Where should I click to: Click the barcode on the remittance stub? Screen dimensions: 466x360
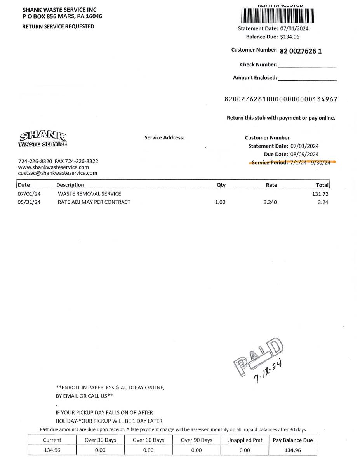(x=277, y=16)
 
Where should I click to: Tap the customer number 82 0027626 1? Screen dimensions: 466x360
(x=301, y=50)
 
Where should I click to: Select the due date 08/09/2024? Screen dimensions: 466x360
(x=304, y=154)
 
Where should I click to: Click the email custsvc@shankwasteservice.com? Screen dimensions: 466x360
(x=57, y=173)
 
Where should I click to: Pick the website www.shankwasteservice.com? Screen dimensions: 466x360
(x=54, y=167)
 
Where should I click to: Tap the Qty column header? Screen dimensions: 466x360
(x=221, y=185)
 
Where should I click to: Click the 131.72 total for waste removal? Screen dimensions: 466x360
(x=320, y=194)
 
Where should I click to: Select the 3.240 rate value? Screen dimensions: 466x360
(x=270, y=202)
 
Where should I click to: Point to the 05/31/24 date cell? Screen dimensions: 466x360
(x=29, y=202)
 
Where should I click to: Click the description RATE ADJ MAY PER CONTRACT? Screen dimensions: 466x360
(x=94, y=202)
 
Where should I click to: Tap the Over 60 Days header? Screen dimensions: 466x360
(x=148, y=440)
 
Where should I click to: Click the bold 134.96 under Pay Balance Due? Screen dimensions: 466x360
(x=292, y=450)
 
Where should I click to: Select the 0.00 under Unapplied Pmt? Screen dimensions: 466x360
(x=245, y=450)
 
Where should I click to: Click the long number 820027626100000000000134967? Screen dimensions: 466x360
(x=281, y=99)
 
